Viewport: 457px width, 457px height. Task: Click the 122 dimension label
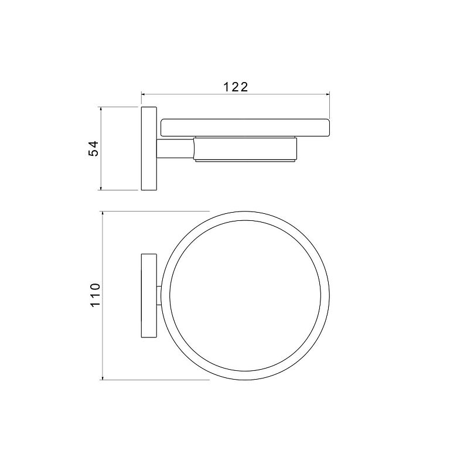(236, 87)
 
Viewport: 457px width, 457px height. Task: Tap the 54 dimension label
(94, 149)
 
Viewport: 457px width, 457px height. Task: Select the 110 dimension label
(96, 295)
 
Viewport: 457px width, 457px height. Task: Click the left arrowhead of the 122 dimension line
(144, 94)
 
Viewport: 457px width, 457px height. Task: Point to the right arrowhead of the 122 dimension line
(328, 94)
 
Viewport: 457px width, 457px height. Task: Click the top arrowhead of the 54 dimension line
(101, 110)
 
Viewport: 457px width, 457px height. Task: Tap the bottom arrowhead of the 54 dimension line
(101, 187)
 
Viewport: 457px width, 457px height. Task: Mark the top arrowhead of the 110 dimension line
(103, 214)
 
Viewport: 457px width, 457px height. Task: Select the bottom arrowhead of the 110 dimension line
(103, 377)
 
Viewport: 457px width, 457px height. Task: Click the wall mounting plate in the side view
(149, 149)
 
